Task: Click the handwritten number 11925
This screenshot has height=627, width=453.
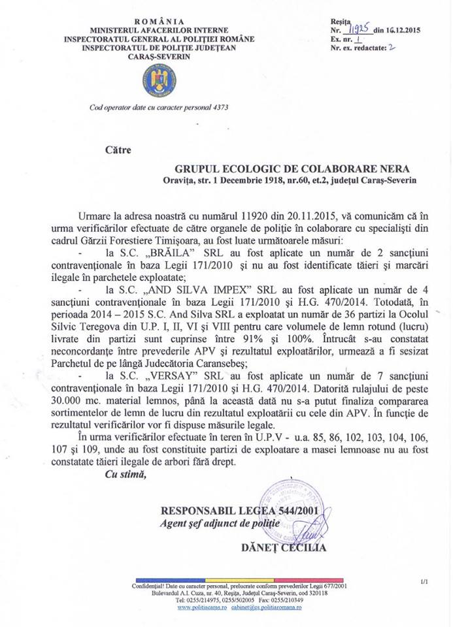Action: point(358,29)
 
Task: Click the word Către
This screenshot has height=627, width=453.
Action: point(118,150)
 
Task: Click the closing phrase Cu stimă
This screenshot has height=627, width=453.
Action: point(126,474)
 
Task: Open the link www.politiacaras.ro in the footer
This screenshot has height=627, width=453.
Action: point(201,607)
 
